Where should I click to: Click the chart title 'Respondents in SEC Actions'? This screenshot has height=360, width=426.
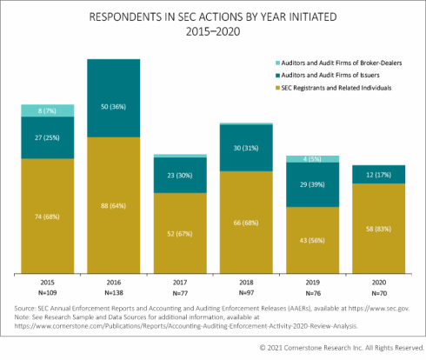(x=212, y=17)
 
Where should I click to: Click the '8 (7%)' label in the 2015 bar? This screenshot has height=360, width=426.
(x=47, y=110)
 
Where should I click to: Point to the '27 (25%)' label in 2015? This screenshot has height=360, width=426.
(x=47, y=137)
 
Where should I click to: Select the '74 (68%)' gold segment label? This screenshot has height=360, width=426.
(x=47, y=214)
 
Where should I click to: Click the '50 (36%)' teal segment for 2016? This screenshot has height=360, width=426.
(x=113, y=105)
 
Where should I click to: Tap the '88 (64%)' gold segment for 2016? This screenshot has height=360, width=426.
(x=113, y=205)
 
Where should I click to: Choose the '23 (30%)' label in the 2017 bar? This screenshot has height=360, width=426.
(x=179, y=175)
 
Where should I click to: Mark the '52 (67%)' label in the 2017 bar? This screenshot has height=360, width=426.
(x=179, y=231)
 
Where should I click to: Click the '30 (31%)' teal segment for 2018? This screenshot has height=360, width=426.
(x=245, y=148)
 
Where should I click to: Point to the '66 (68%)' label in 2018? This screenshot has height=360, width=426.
(x=245, y=222)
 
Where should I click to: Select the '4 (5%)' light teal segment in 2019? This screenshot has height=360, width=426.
(x=311, y=159)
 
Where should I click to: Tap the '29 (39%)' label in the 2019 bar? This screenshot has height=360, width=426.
(x=311, y=185)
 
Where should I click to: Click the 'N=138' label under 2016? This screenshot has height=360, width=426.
(x=113, y=293)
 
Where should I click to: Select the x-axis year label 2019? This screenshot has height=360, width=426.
(x=311, y=283)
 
